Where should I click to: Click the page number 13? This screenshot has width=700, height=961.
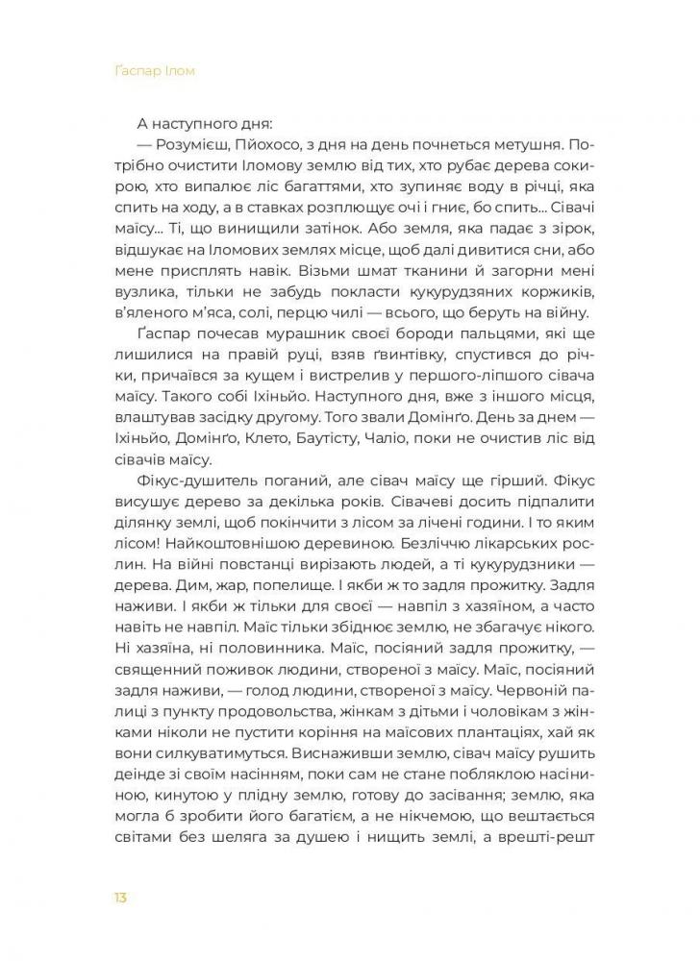coord(119,898)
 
